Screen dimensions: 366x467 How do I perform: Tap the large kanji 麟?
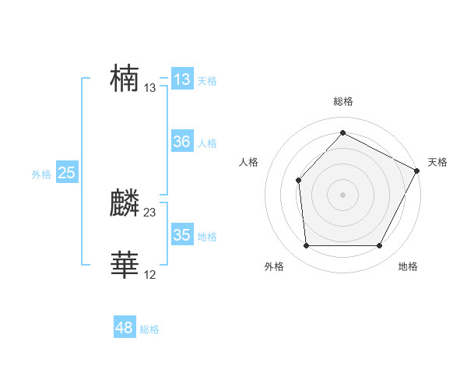[125, 203]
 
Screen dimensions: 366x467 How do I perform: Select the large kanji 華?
[125, 265]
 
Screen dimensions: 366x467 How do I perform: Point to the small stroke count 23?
[150, 212]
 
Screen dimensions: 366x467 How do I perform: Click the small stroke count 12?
[150, 274]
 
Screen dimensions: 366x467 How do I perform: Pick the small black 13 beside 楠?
[150, 88]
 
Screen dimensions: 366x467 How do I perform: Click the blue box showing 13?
[181, 79]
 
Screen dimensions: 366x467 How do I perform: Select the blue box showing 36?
[181, 142]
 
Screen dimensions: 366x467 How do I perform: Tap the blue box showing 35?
[181, 234]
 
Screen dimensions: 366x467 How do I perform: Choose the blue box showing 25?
[66, 173]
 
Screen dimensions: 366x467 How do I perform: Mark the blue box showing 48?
[124, 328]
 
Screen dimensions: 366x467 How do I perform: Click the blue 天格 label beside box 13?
[207, 80]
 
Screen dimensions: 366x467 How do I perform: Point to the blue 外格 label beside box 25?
[41, 174]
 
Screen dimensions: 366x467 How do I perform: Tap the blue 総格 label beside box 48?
[149, 329]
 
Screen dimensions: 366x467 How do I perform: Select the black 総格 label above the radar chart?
[342, 101]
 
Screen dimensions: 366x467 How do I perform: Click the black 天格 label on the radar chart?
[437, 162]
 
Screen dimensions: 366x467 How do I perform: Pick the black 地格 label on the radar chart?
[408, 266]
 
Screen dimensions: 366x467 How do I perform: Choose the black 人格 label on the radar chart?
[249, 162]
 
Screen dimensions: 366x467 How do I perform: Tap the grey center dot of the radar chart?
[342, 194]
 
